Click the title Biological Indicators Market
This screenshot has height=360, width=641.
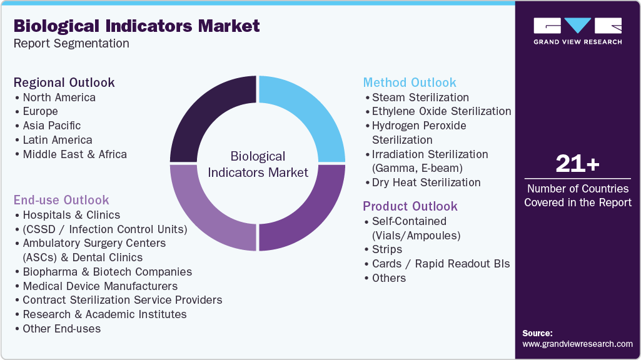(136, 26)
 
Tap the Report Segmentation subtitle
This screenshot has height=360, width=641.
(71, 44)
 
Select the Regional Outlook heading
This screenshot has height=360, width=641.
(64, 82)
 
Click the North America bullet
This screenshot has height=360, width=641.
(59, 97)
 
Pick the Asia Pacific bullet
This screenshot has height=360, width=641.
(51, 126)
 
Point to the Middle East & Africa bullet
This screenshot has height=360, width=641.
(74, 154)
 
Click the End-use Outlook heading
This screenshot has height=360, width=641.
(61, 200)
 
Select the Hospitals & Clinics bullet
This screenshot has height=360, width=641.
(71, 215)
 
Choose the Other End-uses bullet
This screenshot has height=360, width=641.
(61, 329)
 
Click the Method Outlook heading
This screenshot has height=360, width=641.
(410, 82)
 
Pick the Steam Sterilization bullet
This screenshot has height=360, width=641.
(420, 97)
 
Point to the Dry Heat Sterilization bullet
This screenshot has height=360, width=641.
(426, 182)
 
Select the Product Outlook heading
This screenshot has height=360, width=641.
(410, 206)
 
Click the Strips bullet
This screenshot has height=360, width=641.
(386, 249)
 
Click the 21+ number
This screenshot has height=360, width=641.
(577, 164)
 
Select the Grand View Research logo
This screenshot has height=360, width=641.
(577, 31)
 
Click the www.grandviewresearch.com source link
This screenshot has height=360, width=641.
(577, 344)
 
